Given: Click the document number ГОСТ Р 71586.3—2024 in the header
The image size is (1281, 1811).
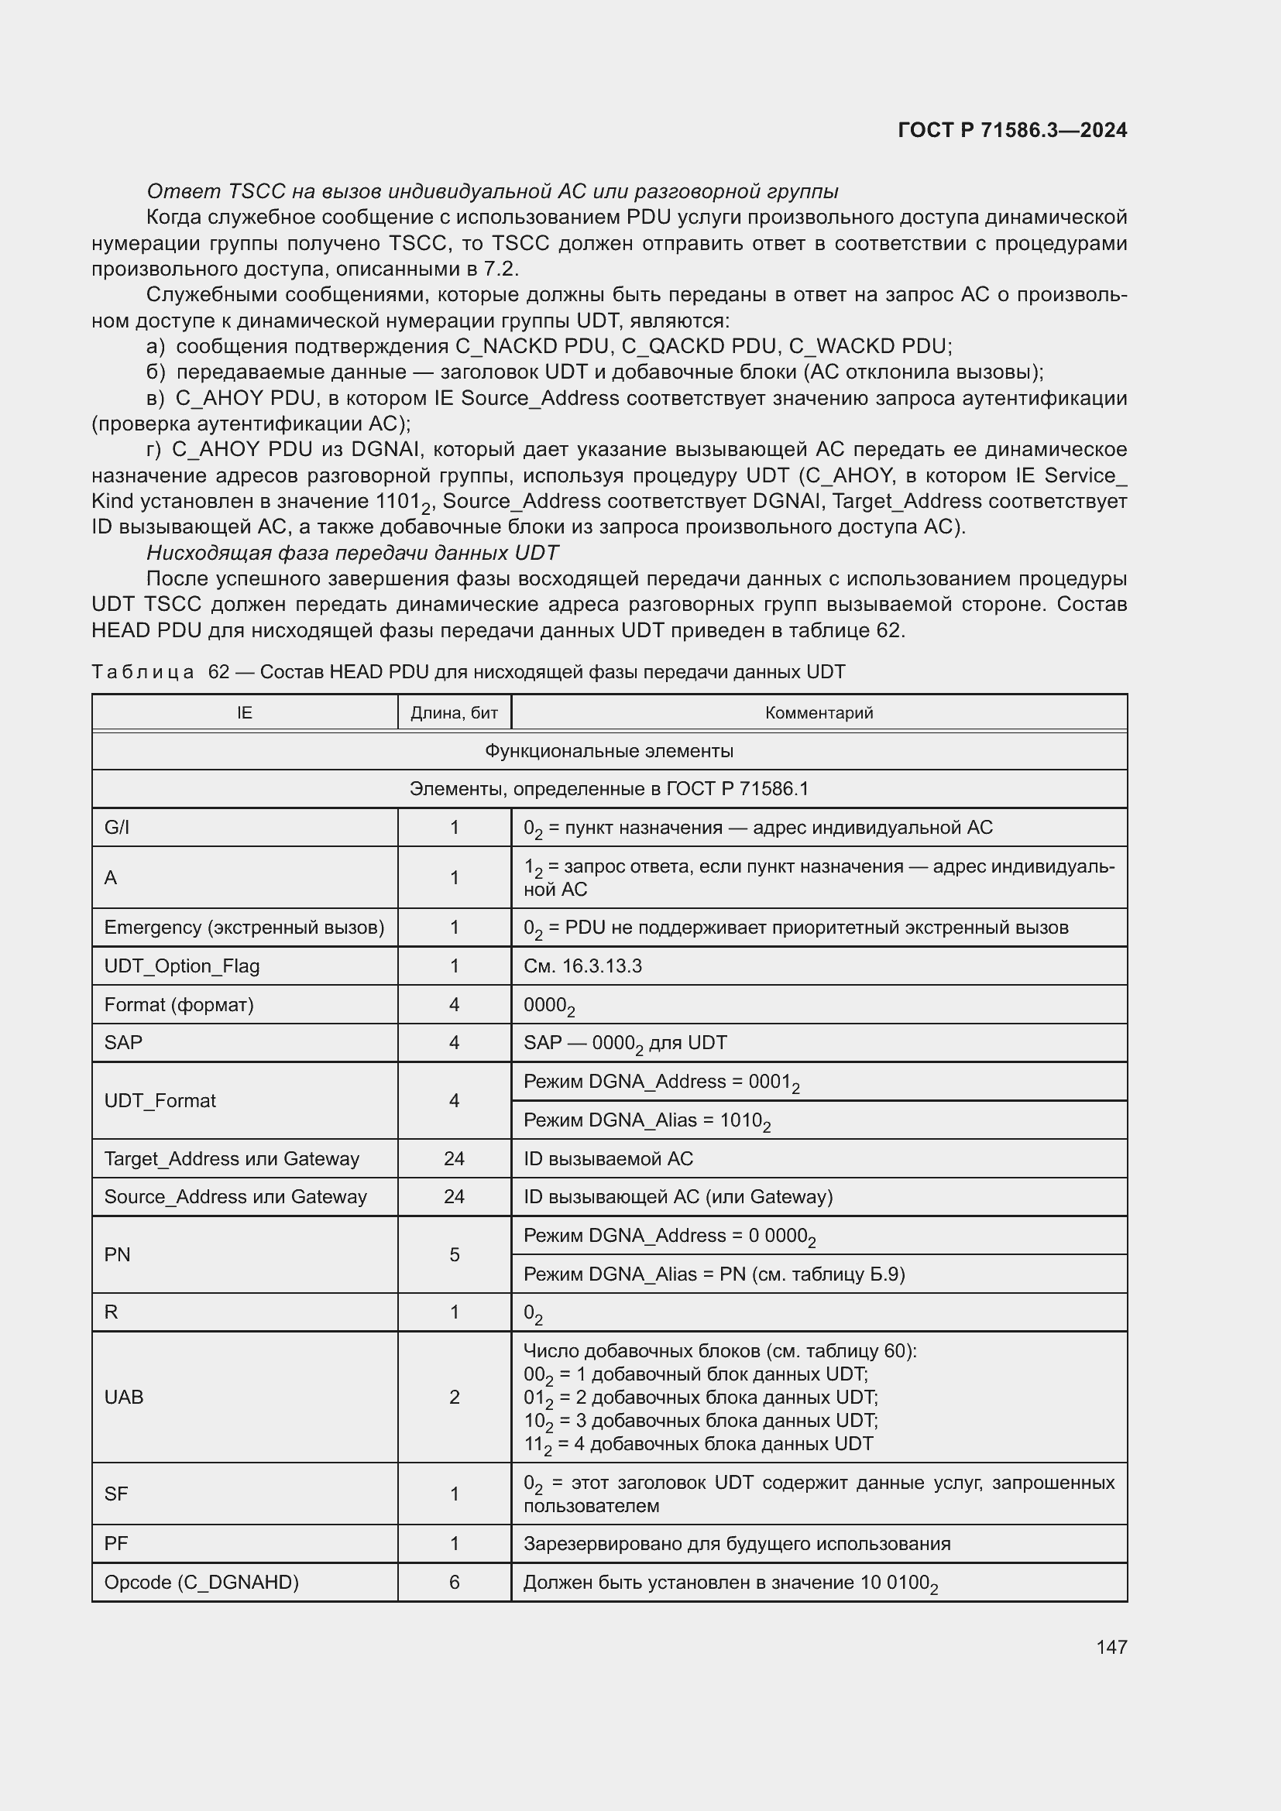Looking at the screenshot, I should coord(1012,130).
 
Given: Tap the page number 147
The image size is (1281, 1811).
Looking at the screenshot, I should coord(1111,1646).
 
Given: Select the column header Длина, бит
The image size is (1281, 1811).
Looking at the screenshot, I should coord(454,713).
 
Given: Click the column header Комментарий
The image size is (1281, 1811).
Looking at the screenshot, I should coord(819,713).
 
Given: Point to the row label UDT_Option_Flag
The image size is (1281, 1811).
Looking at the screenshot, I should coord(181,966).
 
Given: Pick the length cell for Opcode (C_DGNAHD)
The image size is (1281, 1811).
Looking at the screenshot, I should coord(454,1583).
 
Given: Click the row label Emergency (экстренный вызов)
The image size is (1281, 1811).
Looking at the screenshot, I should coord(244,928).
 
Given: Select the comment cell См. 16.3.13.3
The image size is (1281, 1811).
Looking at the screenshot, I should coord(582,966).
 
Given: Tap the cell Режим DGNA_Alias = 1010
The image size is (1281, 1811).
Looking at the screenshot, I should coord(646,1121).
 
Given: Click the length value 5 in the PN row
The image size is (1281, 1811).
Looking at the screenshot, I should coord(454,1255).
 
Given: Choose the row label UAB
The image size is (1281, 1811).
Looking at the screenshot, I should coord(124,1398).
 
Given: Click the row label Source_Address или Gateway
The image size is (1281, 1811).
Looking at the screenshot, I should coord(235,1197).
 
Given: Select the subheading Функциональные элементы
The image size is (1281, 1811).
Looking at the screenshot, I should coord(608,751).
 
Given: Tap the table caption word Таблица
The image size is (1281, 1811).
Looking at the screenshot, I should coord(142,672).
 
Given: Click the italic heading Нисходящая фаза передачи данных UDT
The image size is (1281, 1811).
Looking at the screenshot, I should coord(352,553).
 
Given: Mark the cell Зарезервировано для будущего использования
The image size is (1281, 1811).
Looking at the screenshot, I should coord(737,1544).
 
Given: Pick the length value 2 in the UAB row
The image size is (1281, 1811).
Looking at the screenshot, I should coord(454,1398).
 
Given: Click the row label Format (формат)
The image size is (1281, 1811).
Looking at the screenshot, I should coord(178,1005).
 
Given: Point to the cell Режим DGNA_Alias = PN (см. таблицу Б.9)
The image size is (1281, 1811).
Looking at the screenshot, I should coord(713,1274).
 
